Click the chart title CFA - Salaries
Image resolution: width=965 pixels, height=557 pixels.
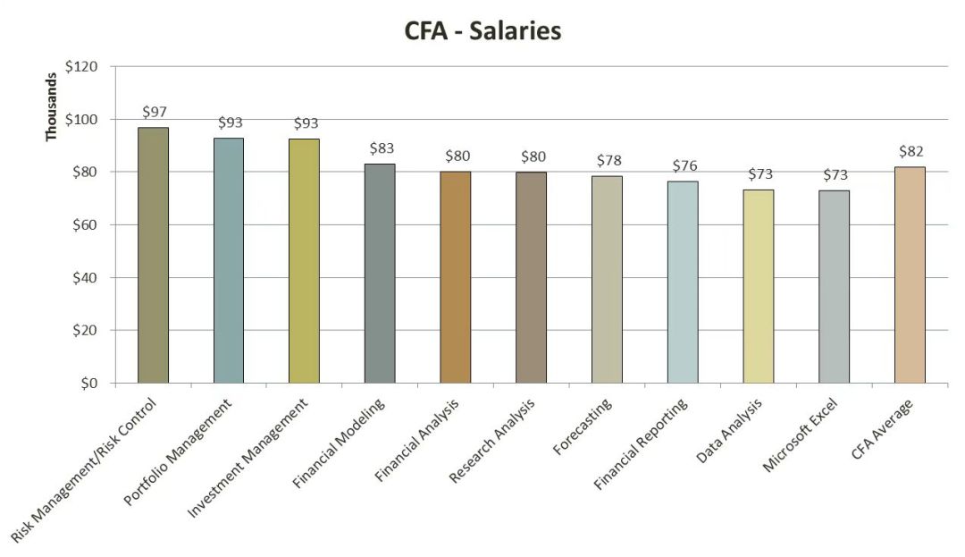[482, 31]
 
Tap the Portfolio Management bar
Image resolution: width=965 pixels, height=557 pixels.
[228, 260]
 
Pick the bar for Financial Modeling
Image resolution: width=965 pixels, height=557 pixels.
[380, 273]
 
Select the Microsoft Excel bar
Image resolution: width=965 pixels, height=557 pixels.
[834, 286]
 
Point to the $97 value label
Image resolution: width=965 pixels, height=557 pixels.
[155, 112]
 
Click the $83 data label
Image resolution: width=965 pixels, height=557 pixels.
[382, 148]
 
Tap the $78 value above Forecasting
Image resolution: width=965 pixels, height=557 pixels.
[608, 161]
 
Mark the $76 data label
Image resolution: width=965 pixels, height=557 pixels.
[684, 165]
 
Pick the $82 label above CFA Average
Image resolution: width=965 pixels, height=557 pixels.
[911, 151]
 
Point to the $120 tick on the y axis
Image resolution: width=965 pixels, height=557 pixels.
[88, 67]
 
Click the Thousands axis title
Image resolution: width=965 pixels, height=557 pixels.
[51, 106]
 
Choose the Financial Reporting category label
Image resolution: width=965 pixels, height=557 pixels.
[641, 444]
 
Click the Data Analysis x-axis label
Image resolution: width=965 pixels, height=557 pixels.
[730, 432]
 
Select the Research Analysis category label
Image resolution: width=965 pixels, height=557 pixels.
[491, 442]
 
